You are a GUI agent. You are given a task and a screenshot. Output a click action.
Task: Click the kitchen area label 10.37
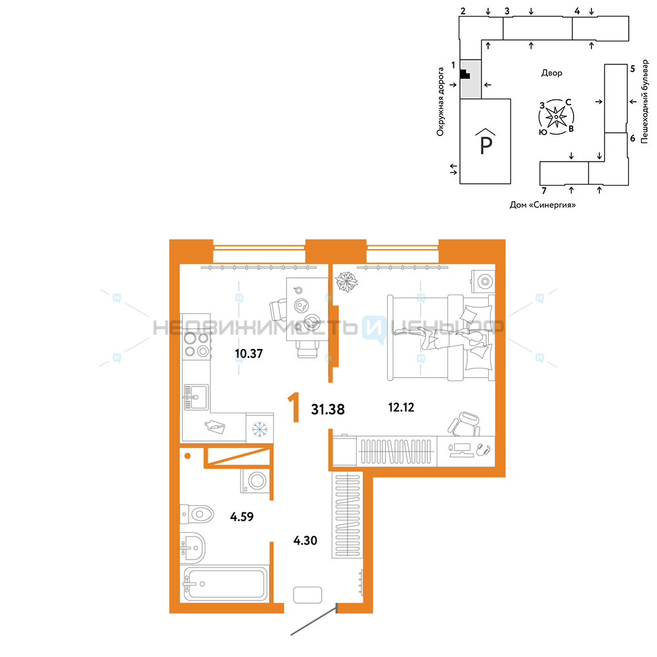[x=249, y=353]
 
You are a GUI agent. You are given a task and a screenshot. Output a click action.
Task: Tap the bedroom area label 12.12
[x=401, y=407]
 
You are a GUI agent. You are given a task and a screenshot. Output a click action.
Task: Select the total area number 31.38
[x=328, y=409]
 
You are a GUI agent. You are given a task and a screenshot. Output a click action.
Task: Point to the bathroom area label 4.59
[x=242, y=516]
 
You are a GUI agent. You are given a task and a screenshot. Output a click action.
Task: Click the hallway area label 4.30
[x=305, y=541]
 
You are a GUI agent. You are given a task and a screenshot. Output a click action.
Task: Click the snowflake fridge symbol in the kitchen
[x=260, y=430]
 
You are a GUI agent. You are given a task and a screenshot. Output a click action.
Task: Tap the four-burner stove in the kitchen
[x=196, y=344]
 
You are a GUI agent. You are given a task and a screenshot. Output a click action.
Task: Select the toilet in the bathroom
[x=196, y=514]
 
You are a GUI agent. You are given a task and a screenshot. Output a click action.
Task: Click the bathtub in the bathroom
[x=225, y=584]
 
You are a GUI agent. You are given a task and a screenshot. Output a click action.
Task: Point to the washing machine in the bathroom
[x=255, y=481]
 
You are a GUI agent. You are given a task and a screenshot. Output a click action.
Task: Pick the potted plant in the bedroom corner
[x=346, y=282]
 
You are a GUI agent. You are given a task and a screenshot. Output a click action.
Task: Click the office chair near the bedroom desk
[x=464, y=423]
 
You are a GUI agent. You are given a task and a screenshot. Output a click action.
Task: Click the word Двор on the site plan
[x=551, y=73]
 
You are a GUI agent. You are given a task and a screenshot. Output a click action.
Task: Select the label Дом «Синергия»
[x=543, y=205]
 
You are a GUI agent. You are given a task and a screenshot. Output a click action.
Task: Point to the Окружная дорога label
[x=440, y=102]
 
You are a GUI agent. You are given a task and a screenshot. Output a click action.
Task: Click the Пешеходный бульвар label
[x=645, y=101]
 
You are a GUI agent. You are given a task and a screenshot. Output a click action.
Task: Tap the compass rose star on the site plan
[x=556, y=116]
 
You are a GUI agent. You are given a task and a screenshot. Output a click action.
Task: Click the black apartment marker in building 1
[x=464, y=74]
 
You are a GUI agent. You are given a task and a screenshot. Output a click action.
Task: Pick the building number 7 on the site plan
[x=544, y=191]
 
